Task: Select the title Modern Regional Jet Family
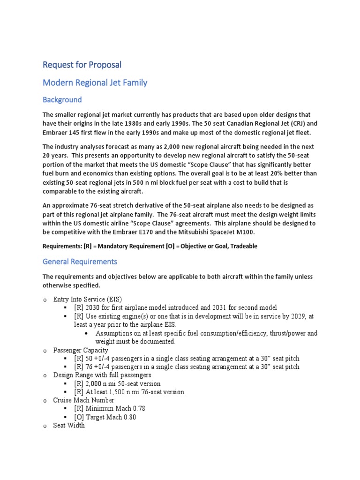point(95,82)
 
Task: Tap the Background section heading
point(62,99)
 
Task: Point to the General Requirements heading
point(80,261)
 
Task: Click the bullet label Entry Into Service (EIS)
point(88,299)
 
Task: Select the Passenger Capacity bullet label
point(81,350)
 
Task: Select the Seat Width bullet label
point(69,426)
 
